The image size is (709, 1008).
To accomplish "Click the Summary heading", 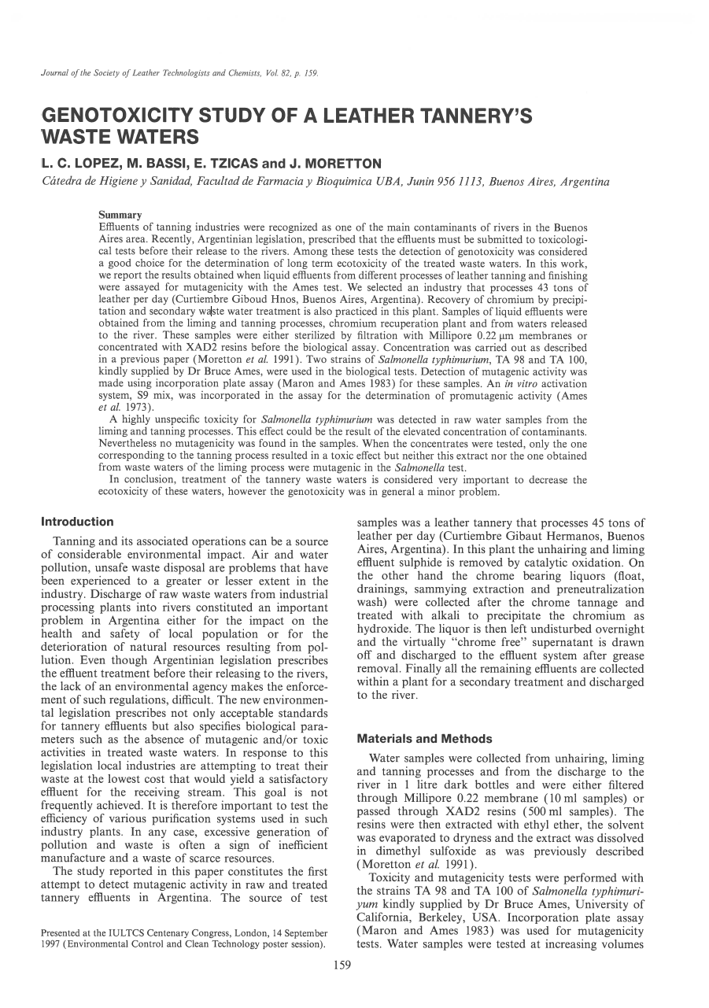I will coord(120,214).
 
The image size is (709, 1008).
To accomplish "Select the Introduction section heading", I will coord(77,522).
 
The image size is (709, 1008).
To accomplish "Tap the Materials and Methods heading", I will coord(424,739).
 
